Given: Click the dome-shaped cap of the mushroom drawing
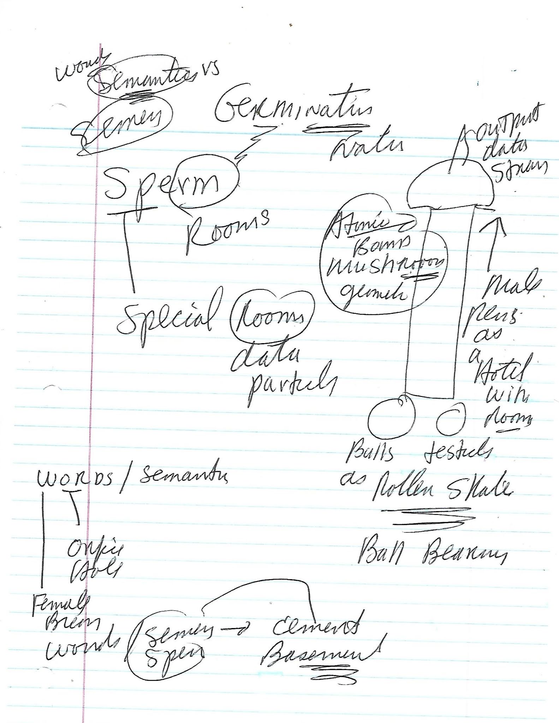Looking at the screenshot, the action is click(450, 185).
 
